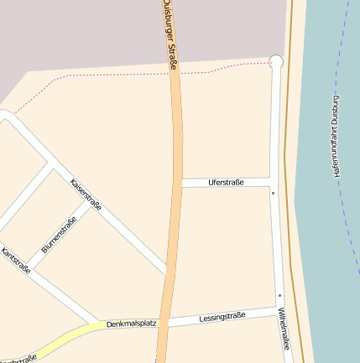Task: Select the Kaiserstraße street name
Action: (86, 194)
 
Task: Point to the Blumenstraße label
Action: (59, 235)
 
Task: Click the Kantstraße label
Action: (16, 261)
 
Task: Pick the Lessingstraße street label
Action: (222, 317)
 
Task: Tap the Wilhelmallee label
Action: (286, 328)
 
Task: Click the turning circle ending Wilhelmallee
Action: (275, 61)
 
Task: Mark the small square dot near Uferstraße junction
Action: (273, 193)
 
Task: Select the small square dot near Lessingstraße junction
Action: (279, 295)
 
